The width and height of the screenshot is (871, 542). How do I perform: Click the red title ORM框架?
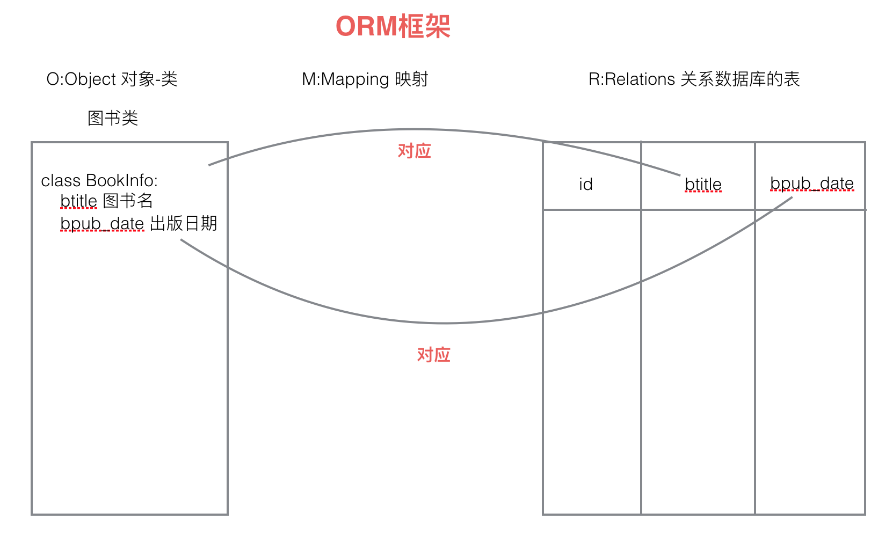tap(393, 26)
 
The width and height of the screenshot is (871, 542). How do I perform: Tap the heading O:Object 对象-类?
tap(112, 79)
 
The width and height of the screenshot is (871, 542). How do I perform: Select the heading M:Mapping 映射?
tap(365, 79)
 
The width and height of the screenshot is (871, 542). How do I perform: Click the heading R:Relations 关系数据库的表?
tap(694, 79)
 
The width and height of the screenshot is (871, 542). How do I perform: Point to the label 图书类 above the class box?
tap(113, 118)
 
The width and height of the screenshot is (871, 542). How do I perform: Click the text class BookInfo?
tap(99, 181)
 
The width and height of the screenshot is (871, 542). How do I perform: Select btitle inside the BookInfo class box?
tap(78, 201)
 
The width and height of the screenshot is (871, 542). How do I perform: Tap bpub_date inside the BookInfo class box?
tap(102, 224)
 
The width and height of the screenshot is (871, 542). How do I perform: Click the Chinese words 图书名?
tap(128, 201)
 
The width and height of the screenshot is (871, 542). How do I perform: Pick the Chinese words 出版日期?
tap(183, 223)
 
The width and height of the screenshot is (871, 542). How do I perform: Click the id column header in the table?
tap(586, 185)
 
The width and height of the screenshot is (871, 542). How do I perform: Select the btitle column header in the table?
tap(703, 185)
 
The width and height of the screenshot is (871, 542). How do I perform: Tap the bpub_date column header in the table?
tap(811, 184)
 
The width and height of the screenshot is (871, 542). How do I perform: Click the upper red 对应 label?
tap(414, 151)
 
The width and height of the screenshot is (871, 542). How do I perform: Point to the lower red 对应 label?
tap(433, 355)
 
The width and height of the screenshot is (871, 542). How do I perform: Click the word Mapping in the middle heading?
tap(355, 79)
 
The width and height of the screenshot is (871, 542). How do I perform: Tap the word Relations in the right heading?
tap(640, 79)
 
